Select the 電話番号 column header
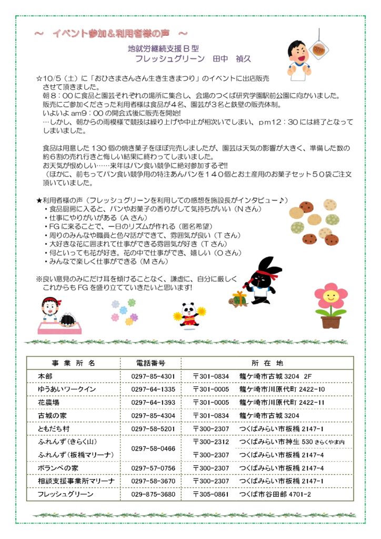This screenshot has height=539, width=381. (x=151, y=363)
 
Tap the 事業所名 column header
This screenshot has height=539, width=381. (x=74, y=363)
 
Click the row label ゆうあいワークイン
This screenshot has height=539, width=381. (x=67, y=389)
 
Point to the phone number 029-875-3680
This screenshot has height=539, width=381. (x=154, y=494)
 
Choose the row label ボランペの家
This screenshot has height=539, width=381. (x=57, y=468)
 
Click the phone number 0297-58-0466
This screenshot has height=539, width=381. (x=153, y=448)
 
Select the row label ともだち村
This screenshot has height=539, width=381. (x=54, y=428)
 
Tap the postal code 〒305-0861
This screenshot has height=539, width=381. (x=211, y=494)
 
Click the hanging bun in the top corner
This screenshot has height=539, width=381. (x=318, y=48)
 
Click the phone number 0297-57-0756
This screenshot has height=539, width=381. (x=153, y=468)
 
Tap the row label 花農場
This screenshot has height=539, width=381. (x=48, y=402)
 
